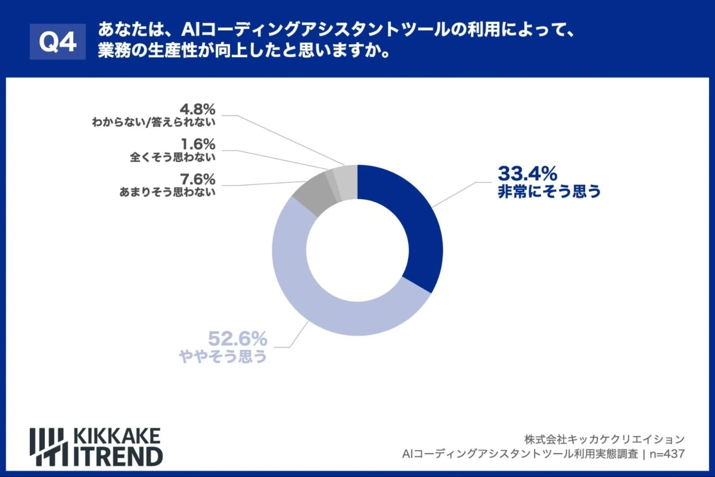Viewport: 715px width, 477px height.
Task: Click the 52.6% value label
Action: tap(237, 339)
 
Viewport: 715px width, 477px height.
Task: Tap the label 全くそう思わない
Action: tap(172, 158)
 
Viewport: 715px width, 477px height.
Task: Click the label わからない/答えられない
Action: tap(153, 123)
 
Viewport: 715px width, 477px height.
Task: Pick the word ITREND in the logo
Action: tap(117, 456)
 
